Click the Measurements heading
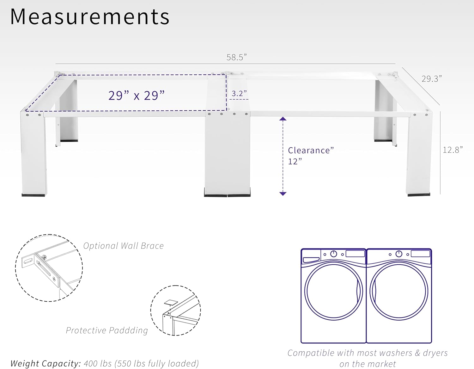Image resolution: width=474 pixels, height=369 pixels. [x=90, y=16]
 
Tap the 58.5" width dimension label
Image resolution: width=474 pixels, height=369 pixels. [x=236, y=57]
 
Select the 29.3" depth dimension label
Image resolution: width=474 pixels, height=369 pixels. [x=431, y=79]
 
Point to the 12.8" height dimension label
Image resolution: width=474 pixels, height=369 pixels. [x=453, y=150]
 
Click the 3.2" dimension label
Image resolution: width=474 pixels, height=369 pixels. [x=239, y=94]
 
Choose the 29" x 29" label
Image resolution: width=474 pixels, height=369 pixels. [x=137, y=95]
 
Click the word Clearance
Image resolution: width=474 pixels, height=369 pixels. [x=309, y=151]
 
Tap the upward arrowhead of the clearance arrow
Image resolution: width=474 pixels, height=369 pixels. [x=283, y=119]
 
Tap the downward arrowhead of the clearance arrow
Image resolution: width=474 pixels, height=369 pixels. [x=283, y=194]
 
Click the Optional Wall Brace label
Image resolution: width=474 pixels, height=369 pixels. [x=124, y=246]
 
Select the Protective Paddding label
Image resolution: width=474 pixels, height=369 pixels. [x=107, y=330]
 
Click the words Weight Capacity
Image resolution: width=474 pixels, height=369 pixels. [x=46, y=364]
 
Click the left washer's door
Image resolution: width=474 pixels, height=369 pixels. [x=334, y=291]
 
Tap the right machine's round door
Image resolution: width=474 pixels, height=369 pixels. [x=399, y=291]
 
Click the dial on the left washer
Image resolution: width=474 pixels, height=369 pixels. [x=334, y=254]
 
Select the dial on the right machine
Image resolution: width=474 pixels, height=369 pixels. [x=399, y=254]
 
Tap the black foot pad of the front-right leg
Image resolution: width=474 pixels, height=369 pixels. [x=419, y=195]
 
